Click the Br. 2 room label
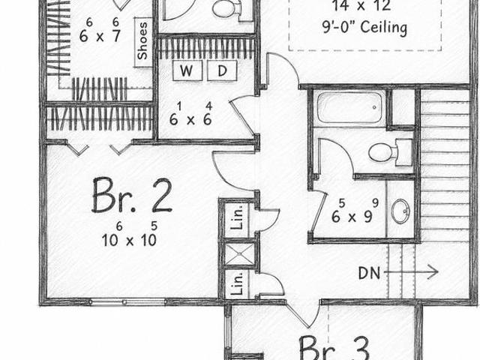tap(132, 195)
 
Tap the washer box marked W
tap(187, 70)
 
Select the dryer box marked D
tap(222, 70)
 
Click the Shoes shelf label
tap(142, 41)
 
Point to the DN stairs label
tap(370, 273)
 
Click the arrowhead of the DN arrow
tap(433, 271)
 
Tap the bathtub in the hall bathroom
tap(349, 108)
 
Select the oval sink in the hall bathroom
tap(400, 211)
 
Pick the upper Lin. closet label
tap(237, 217)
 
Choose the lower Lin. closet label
tap(237, 283)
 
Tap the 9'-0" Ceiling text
tap(364, 28)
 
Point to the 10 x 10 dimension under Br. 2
tap(130, 235)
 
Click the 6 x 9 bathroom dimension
tap(355, 211)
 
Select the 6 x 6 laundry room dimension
tap(191, 115)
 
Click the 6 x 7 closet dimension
tap(100, 31)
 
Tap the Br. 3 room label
tap(334, 348)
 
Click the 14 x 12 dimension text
tap(361, 5)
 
